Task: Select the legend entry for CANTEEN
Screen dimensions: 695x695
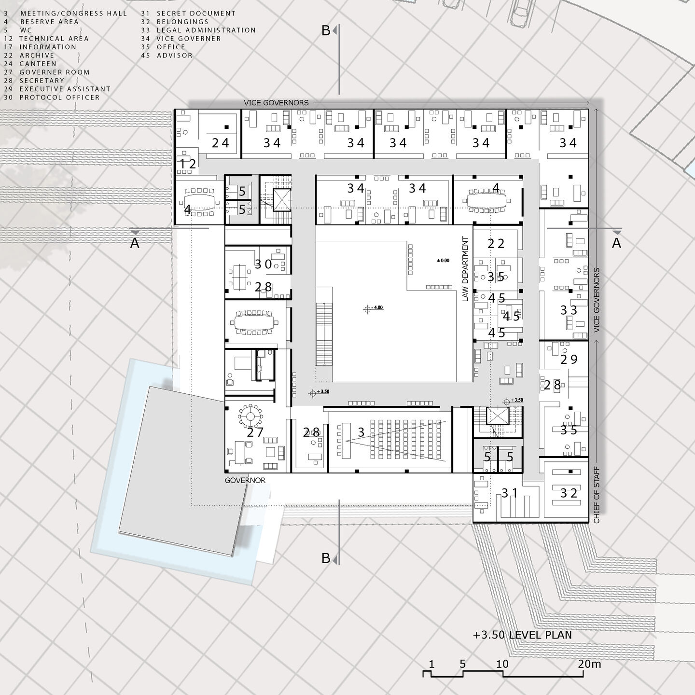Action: coord(38,64)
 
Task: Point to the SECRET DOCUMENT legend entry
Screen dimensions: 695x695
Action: coord(195,14)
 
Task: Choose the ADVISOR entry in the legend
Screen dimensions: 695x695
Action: coord(174,56)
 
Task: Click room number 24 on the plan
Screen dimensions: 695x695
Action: coord(221,142)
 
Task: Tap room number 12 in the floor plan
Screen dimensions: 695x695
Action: coord(188,164)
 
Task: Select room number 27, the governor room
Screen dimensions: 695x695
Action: coord(255,432)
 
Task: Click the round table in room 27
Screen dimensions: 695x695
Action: coord(250,416)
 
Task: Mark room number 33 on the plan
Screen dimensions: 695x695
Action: coord(569,310)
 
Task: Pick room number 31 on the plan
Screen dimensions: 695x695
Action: coord(510,493)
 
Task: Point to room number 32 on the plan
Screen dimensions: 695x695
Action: coord(569,493)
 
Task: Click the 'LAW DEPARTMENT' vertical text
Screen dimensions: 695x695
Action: coord(465,269)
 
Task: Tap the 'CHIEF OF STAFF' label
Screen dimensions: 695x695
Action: coord(597,495)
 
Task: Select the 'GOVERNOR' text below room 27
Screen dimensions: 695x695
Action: coord(245,481)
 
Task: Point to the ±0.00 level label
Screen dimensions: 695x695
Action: coord(443,261)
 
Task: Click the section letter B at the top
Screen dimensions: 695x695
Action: coord(326,30)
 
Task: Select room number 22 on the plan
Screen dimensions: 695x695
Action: coord(496,244)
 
